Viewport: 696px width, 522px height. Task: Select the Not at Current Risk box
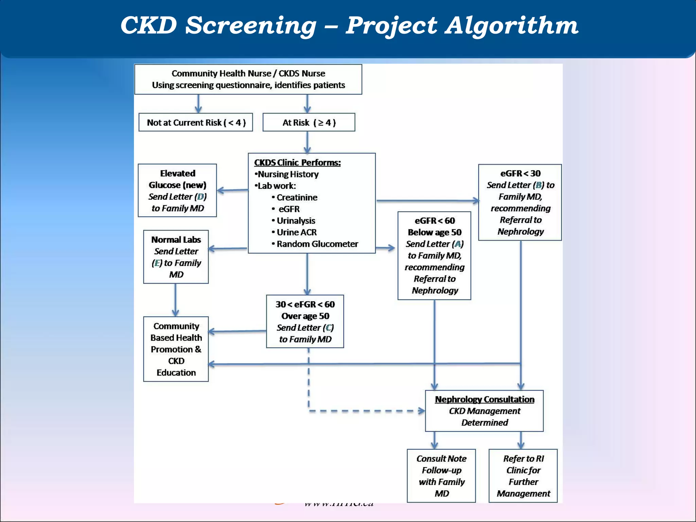196,122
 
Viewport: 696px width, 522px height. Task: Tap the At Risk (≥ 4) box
309,122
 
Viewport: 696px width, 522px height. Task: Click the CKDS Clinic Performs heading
297,162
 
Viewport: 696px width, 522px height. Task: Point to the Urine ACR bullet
296,232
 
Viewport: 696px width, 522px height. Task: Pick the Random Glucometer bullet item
317,244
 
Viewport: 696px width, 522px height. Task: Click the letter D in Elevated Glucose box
201,197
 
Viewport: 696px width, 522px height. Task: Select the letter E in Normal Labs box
157,263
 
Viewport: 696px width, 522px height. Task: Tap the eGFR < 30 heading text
520,173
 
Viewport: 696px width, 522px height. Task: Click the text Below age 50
434,232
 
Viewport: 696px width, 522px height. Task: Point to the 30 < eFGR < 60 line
305,304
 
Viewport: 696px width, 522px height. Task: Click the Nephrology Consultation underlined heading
484,400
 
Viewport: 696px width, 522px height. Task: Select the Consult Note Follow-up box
441,476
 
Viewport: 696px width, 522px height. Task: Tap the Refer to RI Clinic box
523,476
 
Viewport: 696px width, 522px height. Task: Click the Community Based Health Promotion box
176,349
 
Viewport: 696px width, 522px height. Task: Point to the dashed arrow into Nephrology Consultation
367,411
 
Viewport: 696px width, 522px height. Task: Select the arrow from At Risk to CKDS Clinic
307,142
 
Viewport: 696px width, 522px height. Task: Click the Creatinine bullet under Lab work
296,197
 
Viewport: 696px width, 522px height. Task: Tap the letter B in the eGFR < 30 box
539,185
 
